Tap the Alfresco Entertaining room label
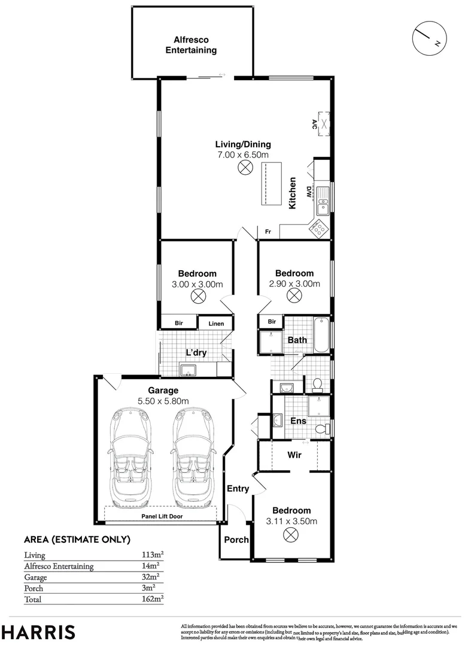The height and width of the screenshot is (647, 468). pyautogui.click(x=191, y=46)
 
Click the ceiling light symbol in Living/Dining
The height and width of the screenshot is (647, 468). pyautogui.click(x=244, y=168)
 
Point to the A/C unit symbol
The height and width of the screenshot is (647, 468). pyautogui.click(x=324, y=124)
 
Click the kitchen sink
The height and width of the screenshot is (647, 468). pyautogui.click(x=323, y=199)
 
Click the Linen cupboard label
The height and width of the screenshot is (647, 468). pyautogui.click(x=216, y=324)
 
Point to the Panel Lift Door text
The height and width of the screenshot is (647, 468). pyautogui.click(x=162, y=516)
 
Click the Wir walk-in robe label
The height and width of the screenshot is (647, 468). pyautogui.click(x=294, y=455)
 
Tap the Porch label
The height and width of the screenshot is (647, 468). pyautogui.click(x=236, y=540)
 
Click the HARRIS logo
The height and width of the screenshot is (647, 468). pyautogui.click(x=38, y=631)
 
